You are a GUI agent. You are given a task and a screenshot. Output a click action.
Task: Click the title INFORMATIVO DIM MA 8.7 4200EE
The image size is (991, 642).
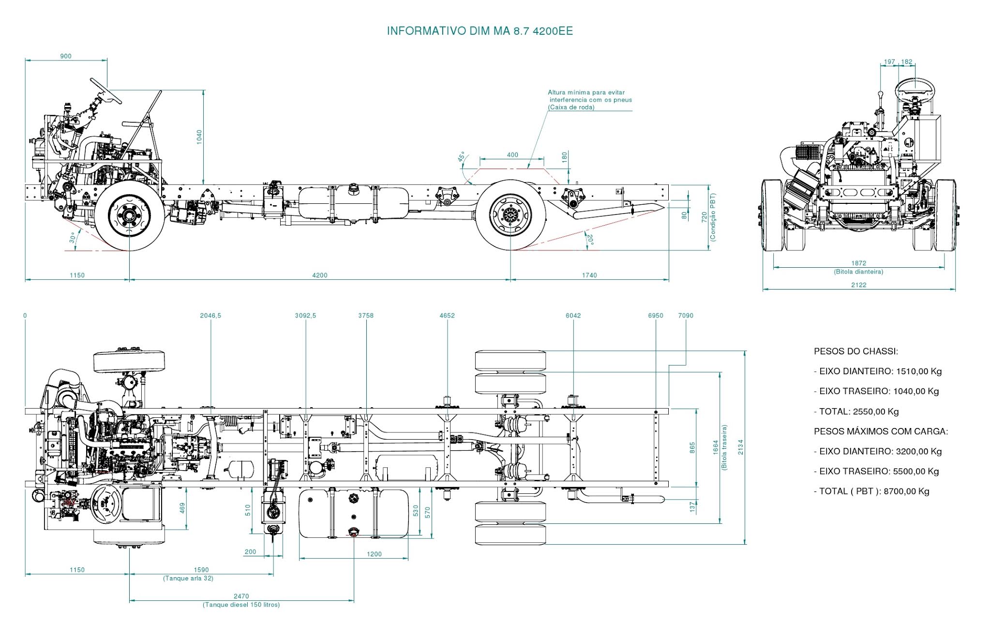480,31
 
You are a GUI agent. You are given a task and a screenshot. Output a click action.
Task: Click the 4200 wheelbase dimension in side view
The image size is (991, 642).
319,275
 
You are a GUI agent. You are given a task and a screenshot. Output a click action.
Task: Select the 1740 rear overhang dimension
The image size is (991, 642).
589,275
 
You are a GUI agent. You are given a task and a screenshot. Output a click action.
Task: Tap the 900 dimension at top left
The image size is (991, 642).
66,56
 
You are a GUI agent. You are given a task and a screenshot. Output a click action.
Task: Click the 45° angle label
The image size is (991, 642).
462,157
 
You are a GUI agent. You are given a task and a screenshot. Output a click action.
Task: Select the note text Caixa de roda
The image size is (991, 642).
571,107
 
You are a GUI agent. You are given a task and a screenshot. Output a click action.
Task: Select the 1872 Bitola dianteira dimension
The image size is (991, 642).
858,263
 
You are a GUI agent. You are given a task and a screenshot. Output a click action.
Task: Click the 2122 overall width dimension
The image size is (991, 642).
858,285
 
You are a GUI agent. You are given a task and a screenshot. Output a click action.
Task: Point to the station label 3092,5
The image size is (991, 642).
305,316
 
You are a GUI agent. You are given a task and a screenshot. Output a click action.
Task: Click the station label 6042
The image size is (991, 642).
573,316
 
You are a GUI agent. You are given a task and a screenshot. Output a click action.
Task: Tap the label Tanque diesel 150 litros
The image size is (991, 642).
241,605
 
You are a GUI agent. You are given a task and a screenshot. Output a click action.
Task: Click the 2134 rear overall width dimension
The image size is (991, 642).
740,447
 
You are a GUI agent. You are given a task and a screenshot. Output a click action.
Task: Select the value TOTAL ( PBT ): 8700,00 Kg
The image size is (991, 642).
871,491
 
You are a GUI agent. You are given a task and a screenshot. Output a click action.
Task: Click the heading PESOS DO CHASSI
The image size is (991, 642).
856,352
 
